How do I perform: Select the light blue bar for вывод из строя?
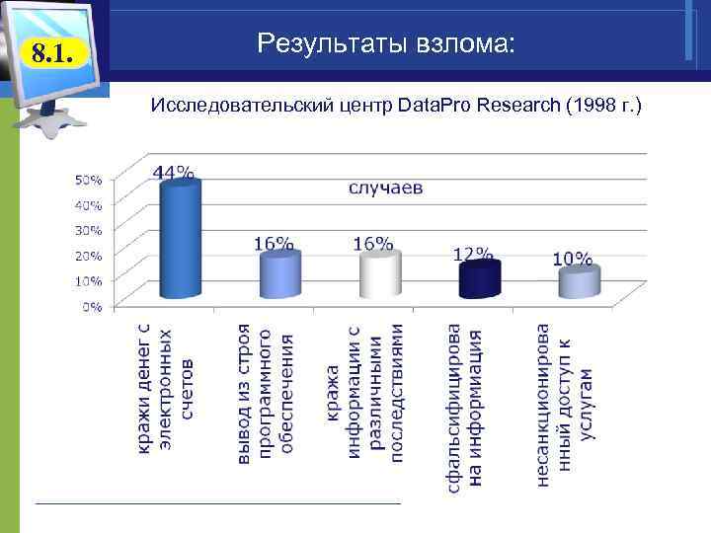[279, 274]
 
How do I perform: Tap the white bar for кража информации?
[379, 274]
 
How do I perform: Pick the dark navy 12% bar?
[479, 279]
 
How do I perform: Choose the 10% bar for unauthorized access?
[579, 282]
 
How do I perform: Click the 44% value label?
[173, 173]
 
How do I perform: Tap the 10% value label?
[572, 260]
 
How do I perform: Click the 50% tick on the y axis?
[89, 180]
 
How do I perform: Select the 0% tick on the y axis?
[92, 306]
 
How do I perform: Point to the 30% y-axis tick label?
[89, 230]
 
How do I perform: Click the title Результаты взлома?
[385, 43]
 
